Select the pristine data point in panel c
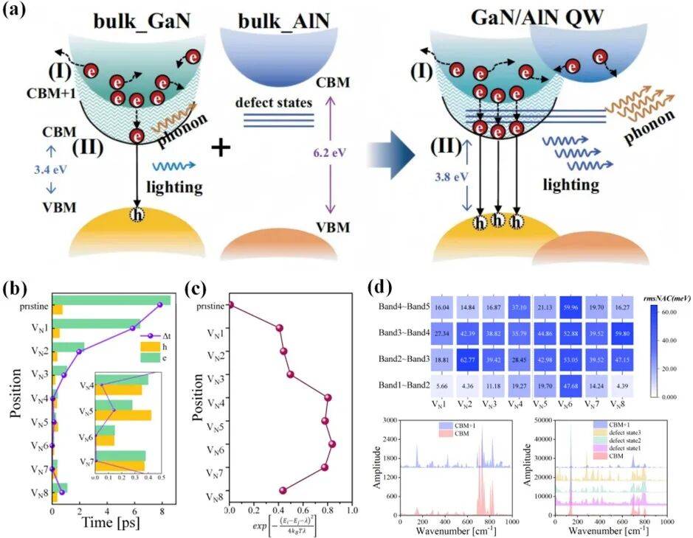(x=230, y=305)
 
